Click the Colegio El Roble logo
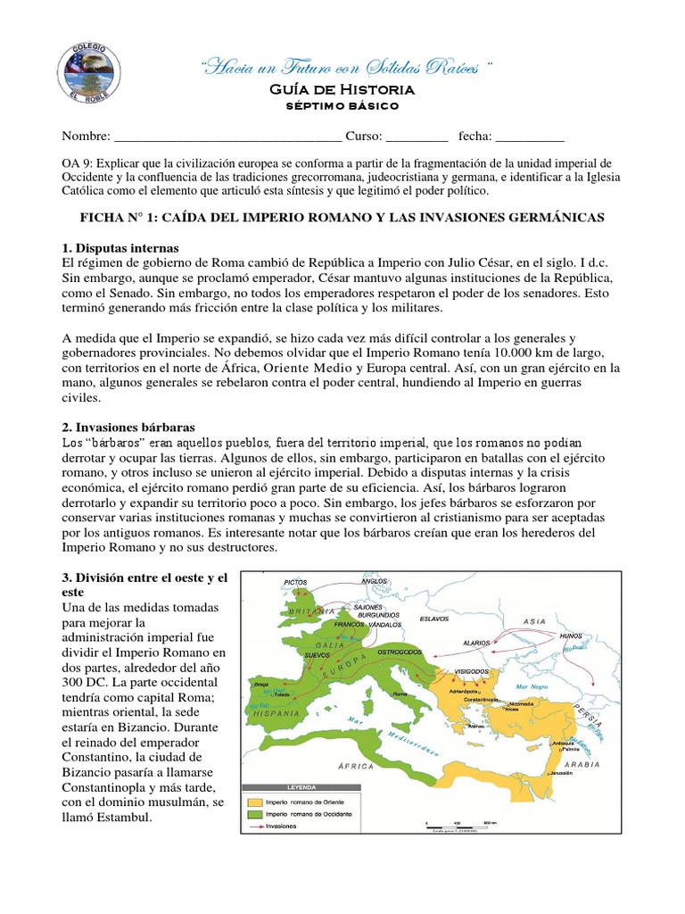(86, 72)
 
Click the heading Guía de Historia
(342, 89)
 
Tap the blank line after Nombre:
(227, 137)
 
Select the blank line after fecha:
(530, 137)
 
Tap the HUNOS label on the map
(571, 636)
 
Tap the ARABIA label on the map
(581, 765)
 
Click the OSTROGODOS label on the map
(409, 653)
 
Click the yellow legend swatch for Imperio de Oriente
(256, 801)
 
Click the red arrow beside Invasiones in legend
(256, 826)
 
